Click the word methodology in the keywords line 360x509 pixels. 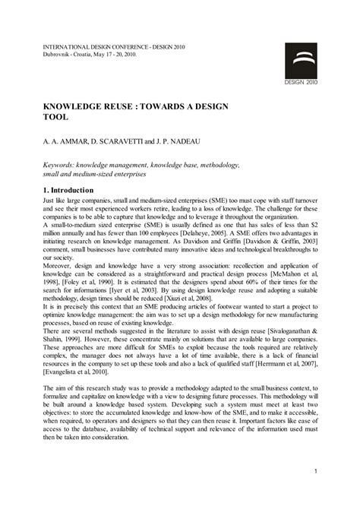click(x=224, y=164)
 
